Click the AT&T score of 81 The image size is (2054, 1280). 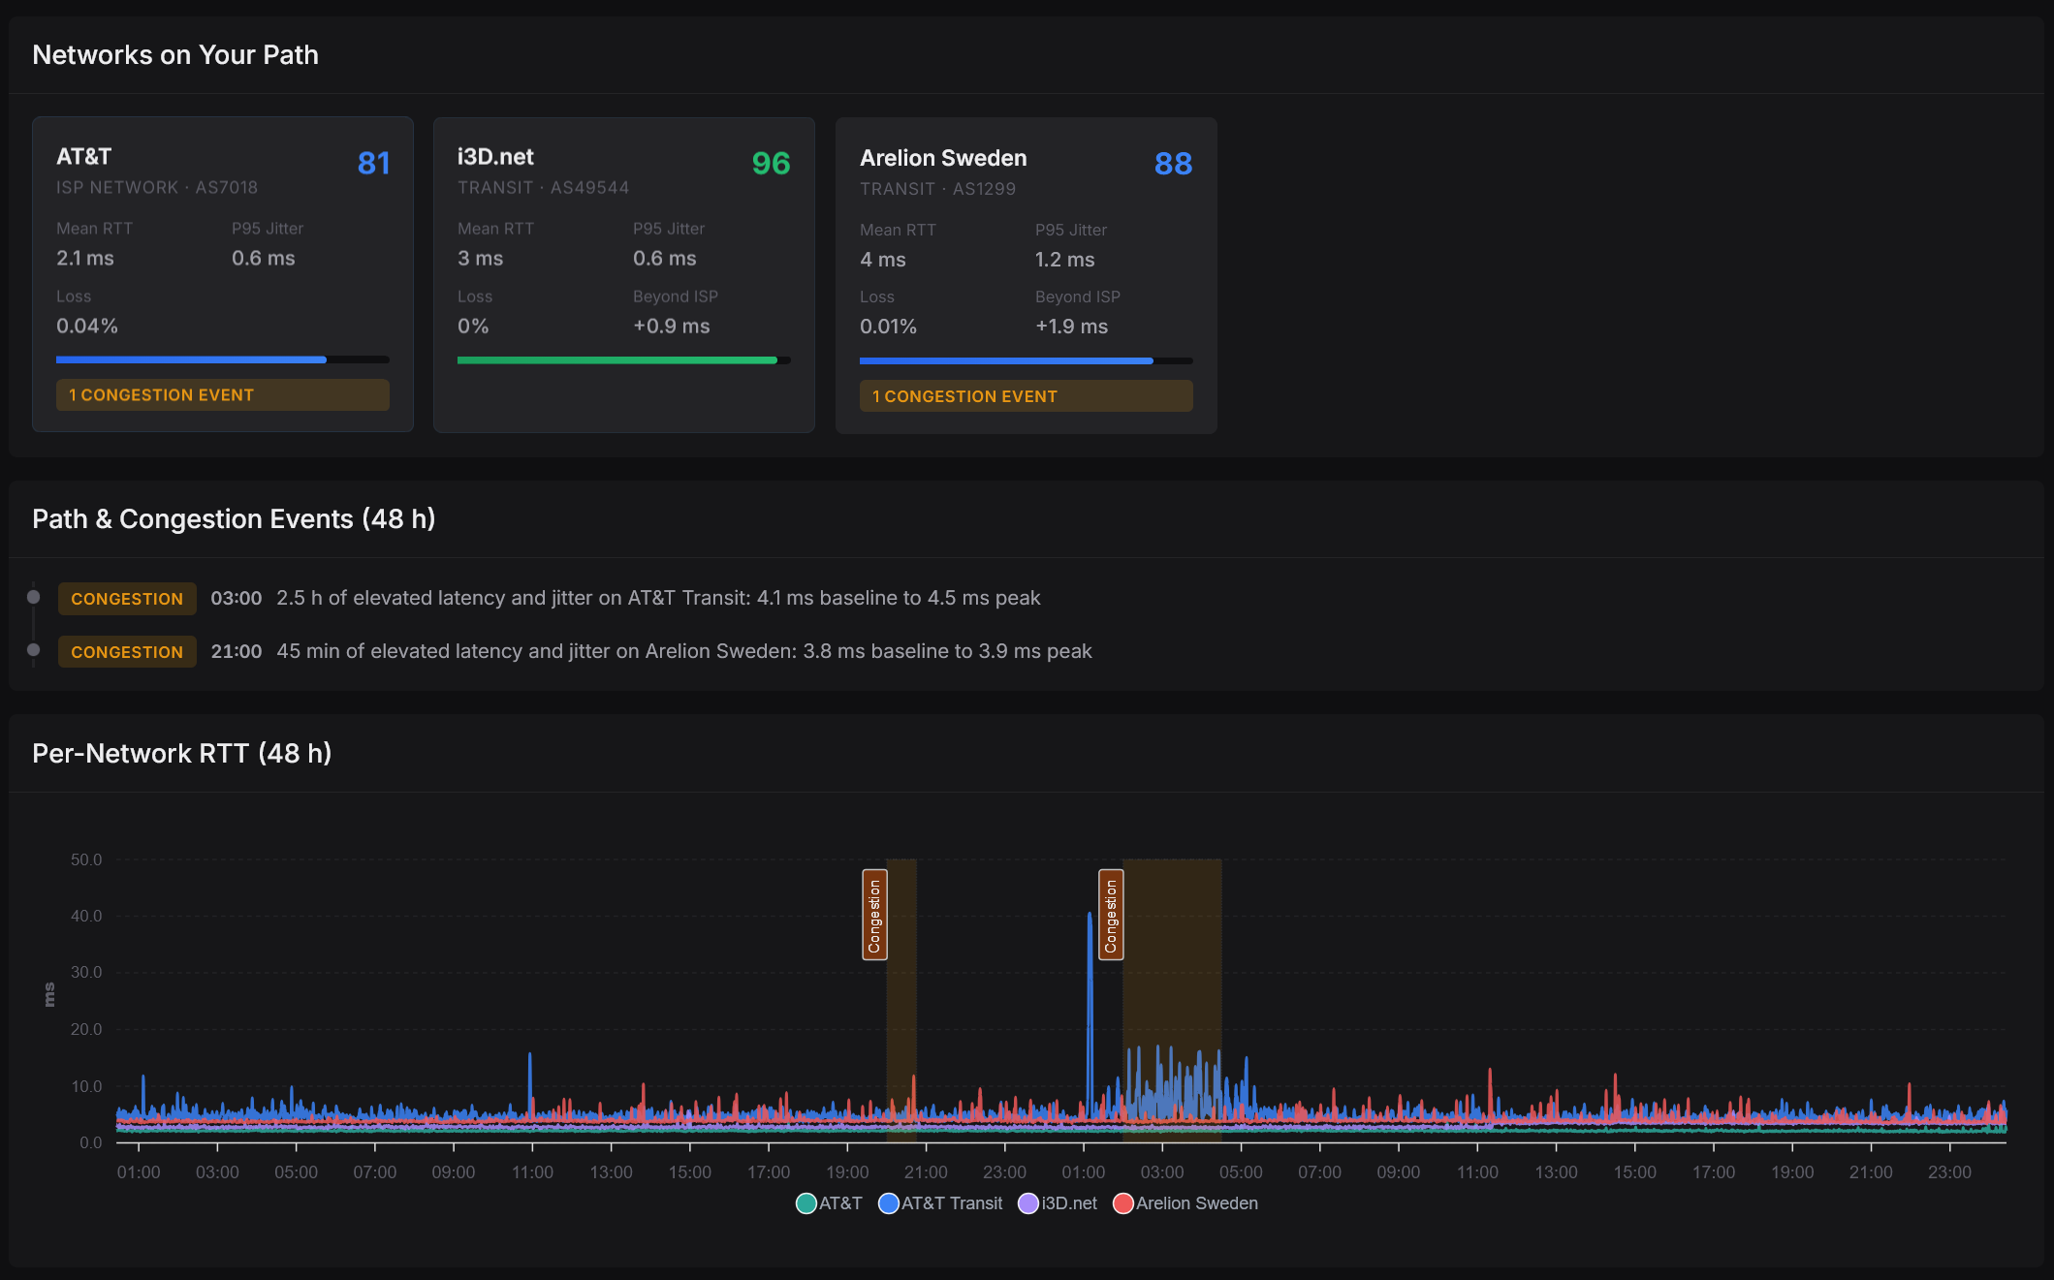point(373,163)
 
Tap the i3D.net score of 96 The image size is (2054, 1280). point(771,163)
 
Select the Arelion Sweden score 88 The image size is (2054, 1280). point(1173,164)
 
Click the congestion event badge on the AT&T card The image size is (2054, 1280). point(223,395)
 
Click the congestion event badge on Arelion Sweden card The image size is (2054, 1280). point(1026,396)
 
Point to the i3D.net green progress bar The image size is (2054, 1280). point(617,360)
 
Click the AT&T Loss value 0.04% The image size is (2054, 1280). point(87,327)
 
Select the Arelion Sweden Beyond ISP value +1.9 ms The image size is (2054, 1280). point(1071,327)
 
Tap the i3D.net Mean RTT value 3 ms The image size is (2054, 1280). point(480,259)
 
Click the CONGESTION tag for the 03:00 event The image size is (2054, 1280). point(127,599)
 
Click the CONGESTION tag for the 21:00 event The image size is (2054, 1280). point(127,652)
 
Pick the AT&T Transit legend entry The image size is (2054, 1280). point(940,1203)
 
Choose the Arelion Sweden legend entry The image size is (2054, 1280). point(1185,1203)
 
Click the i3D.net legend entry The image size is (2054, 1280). point(1058,1203)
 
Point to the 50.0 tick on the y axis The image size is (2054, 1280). point(86,859)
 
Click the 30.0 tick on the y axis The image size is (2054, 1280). point(86,972)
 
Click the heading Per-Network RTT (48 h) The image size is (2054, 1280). point(182,753)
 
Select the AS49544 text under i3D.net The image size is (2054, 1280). point(589,187)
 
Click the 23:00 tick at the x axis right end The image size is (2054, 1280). point(1949,1172)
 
